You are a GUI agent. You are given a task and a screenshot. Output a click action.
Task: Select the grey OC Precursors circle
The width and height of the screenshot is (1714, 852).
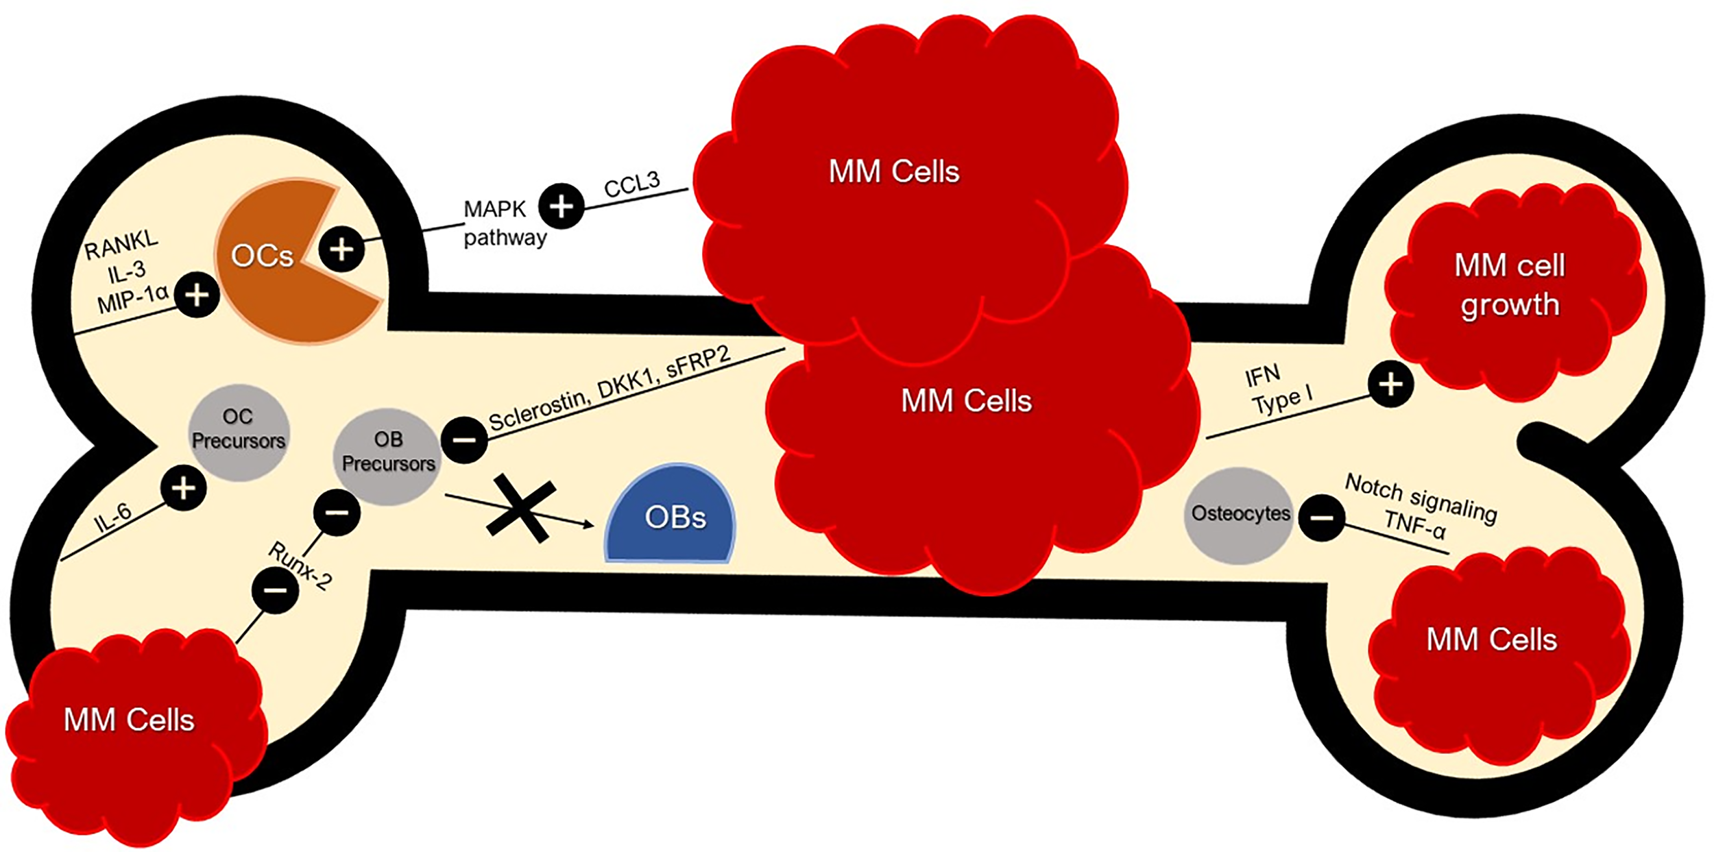click(238, 432)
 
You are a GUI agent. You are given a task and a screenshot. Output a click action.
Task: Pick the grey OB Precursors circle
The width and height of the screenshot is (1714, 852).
click(388, 456)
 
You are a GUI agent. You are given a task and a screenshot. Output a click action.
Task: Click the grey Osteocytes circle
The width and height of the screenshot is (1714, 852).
click(1239, 515)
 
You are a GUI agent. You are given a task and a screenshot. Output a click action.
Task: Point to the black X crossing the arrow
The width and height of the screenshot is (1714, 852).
click(521, 509)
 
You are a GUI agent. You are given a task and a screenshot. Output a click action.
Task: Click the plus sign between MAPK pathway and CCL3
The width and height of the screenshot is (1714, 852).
click(561, 206)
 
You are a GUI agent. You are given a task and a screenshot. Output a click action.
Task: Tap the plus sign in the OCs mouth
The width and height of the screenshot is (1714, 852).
click(341, 249)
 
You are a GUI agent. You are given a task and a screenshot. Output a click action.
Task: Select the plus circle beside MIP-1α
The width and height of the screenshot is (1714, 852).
click(197, 296)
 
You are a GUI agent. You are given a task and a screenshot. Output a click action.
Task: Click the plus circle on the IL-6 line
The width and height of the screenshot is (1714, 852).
click(183, 489)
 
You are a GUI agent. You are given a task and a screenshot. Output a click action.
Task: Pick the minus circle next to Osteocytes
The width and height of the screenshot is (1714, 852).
click(1322, 518)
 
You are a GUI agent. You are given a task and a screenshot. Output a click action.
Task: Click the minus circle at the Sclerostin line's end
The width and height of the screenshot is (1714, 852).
click(464, 440)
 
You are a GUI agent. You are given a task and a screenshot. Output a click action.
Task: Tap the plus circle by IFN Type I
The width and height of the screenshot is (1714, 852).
click(1390, 385)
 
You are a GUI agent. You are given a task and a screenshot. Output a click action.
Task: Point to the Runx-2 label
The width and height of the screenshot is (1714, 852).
click(300, 566)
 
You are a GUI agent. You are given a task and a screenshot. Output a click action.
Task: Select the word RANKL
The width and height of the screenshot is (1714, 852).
click(121, 245)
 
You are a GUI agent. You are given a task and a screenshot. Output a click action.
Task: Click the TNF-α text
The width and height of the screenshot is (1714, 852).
click(1414, 526)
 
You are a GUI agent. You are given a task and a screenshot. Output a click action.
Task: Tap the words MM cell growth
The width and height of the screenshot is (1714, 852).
click(1510, 284)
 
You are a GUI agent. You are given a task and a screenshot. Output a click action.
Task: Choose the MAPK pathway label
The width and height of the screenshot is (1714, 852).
click(503, 223)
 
